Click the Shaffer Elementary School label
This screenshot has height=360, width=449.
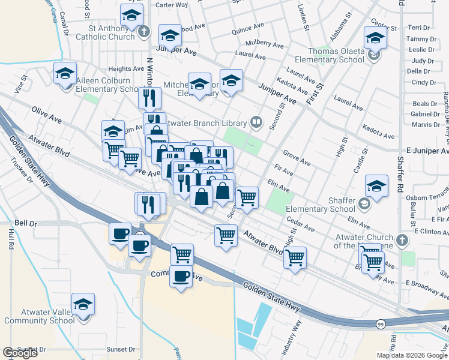tap(321, 205)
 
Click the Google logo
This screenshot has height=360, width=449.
tap(20, 353)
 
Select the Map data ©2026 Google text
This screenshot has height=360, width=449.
tap(412, 355)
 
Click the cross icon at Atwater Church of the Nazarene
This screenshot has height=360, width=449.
tap(402, 241)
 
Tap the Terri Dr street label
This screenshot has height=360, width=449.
tap(418, 28)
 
